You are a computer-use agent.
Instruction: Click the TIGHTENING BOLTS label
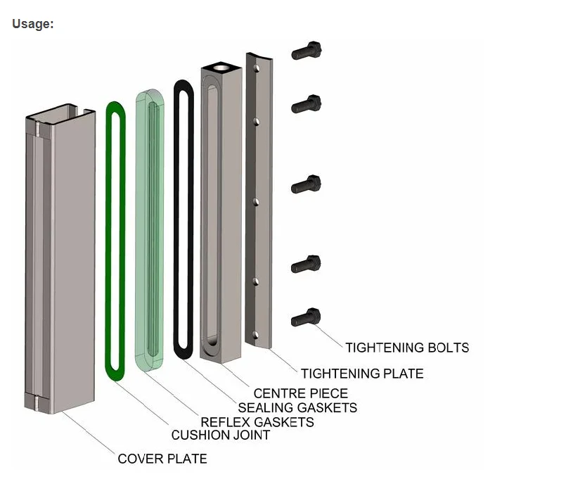406,348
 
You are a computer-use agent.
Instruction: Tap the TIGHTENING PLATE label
362,374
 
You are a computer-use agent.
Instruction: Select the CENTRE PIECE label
300,393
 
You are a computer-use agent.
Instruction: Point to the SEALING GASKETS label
297,407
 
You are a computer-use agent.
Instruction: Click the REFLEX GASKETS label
257,422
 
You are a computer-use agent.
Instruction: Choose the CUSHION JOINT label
220,435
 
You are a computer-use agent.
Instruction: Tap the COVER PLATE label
162,459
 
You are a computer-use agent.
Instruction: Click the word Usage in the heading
32,24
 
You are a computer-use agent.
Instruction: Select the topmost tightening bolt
307,51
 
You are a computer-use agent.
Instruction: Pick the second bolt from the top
307,105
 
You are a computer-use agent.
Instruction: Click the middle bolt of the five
307,185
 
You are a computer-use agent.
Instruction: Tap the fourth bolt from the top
307,264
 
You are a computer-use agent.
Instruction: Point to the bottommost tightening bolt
307,317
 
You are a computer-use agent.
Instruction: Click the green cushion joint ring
110,239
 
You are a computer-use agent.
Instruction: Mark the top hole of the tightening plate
258,68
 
